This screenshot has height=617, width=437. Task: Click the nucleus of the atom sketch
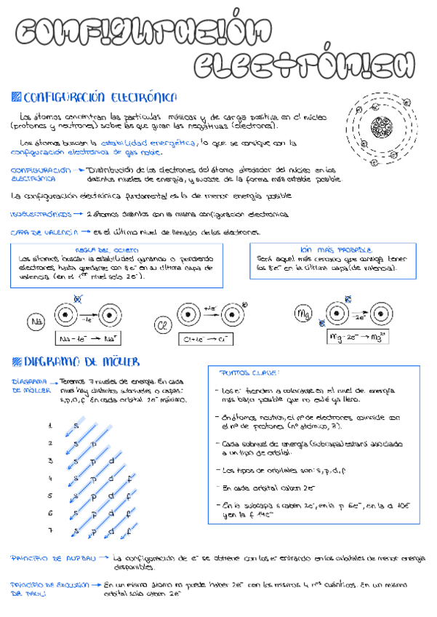tap(379, 126)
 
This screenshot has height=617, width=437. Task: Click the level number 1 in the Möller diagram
tap(49, 426)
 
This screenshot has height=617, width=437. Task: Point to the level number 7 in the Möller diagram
tap(49, 531)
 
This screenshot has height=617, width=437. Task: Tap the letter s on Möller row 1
tap(75, 425)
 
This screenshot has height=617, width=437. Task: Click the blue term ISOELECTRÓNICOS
tap(36, 215)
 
